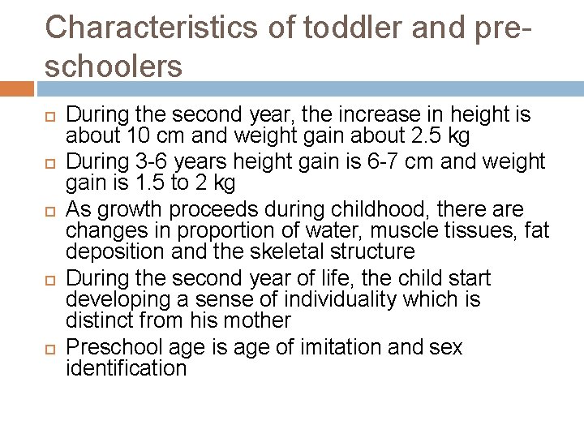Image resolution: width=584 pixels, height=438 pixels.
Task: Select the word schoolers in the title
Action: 114,67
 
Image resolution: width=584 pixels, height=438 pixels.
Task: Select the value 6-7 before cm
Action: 351,161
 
